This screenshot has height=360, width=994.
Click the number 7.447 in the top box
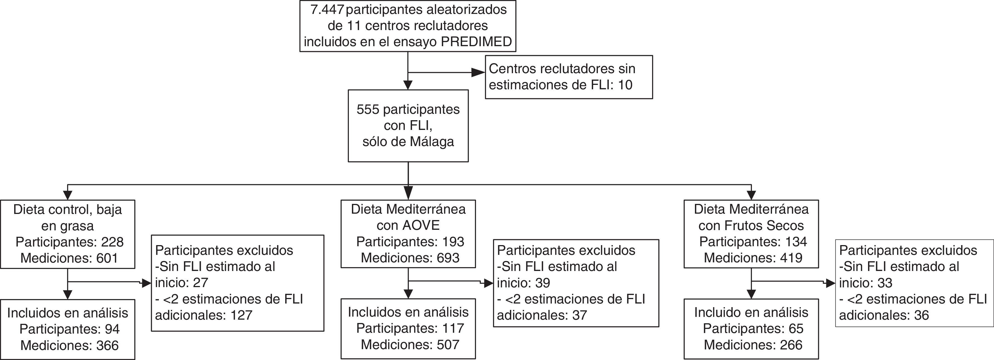(x=327, y=10)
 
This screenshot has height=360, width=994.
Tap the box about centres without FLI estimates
(x=568, y=77)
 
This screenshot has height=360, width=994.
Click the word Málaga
(x=432, y=142)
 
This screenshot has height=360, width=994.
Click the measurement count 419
(x=791, y=258)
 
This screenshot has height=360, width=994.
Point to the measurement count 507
(x=448, y=345)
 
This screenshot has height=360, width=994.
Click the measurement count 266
(x=791, y=345)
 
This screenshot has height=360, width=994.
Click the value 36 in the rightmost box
(x=921, y=315)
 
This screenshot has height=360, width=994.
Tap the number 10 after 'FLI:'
(x=625, y=85)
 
